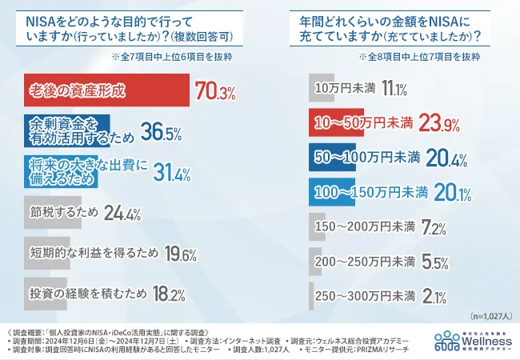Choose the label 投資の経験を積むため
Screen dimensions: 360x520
(87, 294)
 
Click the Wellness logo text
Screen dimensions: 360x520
(483, 341)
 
